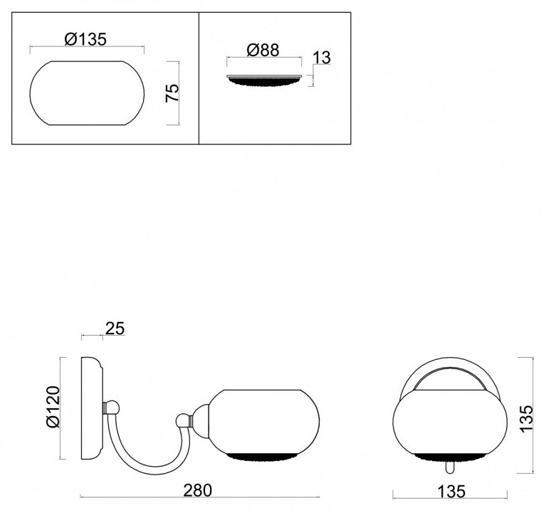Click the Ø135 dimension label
[x=85, y=39]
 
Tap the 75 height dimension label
[x=172, y=93]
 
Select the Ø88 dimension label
[x=263, y=50]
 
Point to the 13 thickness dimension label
[x=322, y=58]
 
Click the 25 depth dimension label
[x=115, y=328]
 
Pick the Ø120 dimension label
[x=53, y=407]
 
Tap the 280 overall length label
[x=197, y=490]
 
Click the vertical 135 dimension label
[x=526, y=418]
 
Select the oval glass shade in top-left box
[x=87, y=93]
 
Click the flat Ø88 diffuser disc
[x=264, y=80]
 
